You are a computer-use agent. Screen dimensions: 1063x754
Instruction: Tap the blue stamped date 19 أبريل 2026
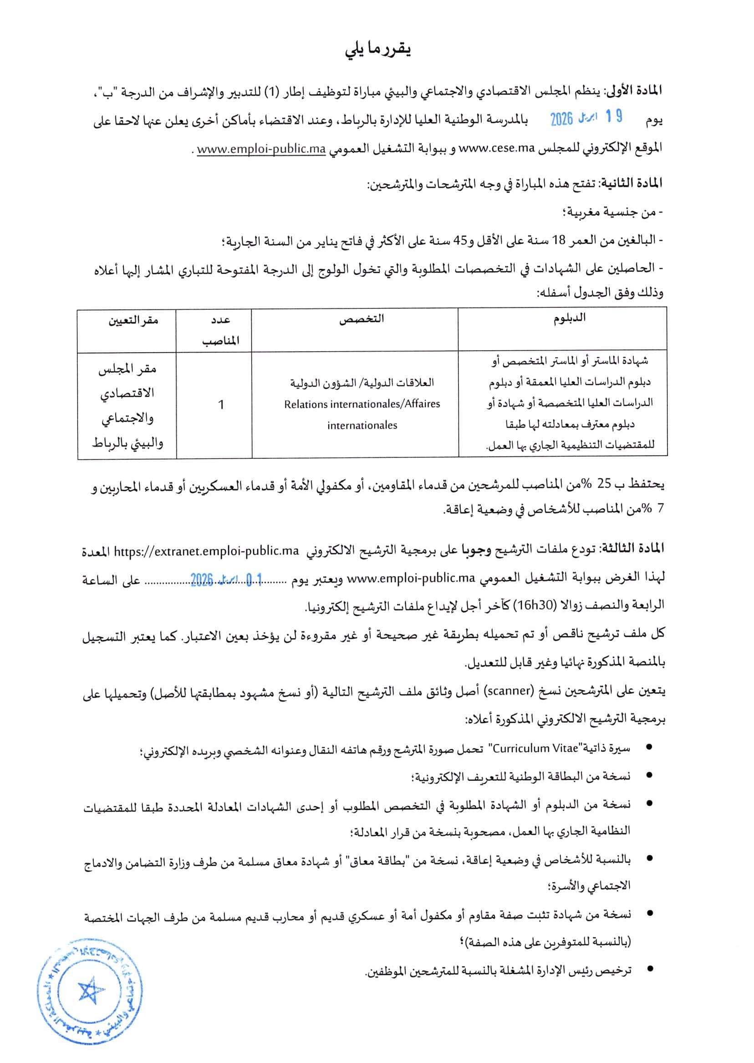pyautogui.click(x=586, y=118)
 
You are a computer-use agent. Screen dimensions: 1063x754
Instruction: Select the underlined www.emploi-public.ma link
pyautogui.click(x=261, y=149)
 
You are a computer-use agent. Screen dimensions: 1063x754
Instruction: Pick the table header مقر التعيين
pyautogui.click(x=133, y=320)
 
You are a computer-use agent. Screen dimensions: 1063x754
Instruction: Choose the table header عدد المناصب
pyautogui.click(x=221, y=330)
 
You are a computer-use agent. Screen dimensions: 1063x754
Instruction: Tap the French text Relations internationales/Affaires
pyautogui.click(x=362, y=404)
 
